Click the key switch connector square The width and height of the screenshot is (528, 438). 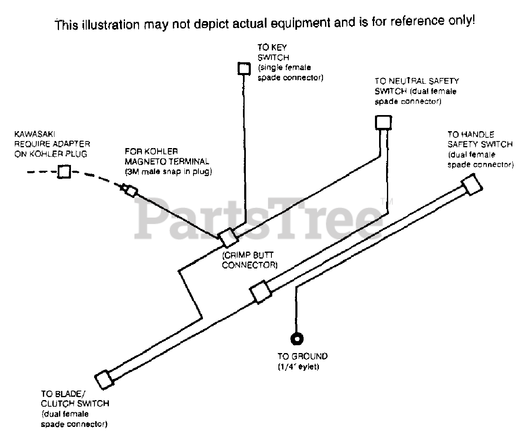click(x=244, y=68)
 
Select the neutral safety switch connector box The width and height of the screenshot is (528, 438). click(x=383, y=122)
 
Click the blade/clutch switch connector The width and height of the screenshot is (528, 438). click(x=104, y=379)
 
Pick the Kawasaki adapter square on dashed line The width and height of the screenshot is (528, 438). click(x=64, y=172)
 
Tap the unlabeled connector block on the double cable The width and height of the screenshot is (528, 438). click(x=261, y=292)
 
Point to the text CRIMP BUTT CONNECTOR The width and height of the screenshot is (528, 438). click(x=249, y=260)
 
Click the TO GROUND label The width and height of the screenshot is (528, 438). click(x=302, y=356)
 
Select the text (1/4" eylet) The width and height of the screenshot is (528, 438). click(x=298, y=367)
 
